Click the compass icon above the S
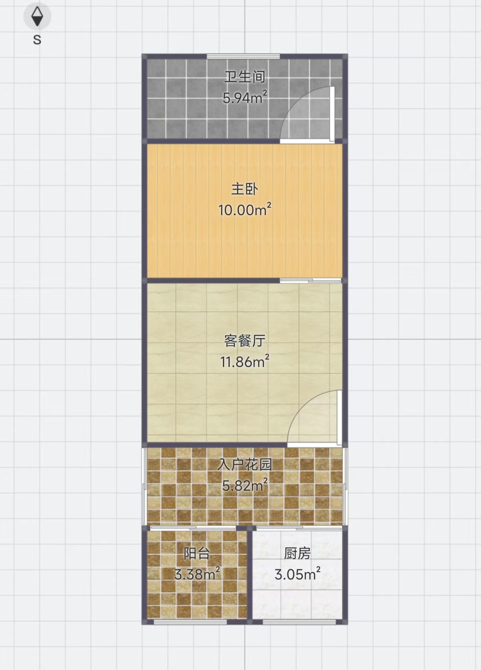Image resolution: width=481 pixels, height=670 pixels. click(37, 16)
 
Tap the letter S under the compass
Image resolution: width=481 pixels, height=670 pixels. click(37, 40)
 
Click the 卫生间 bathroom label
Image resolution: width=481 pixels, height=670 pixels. click(245, 77)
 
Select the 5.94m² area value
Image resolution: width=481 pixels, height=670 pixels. click(245, 97)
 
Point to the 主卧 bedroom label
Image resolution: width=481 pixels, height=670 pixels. click(245, 189)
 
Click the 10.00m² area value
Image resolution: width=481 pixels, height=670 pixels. click(245, 210)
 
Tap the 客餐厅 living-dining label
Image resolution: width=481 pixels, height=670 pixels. click(245, 341)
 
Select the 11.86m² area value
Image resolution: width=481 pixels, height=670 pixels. click(245, 361)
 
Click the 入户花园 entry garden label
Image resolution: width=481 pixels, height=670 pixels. click(245, 464)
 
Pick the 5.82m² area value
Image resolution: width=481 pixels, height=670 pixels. click(245, 485)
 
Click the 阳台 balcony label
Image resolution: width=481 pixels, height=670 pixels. click(197, 554)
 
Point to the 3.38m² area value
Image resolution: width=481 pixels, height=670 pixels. click(197, 574)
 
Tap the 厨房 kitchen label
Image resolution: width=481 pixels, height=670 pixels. click(297, 554)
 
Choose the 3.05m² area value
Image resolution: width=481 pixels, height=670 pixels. click(297, 574)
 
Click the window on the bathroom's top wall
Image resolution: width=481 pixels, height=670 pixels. click(243, 56)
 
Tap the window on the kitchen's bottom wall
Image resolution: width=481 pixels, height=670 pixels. click(299, 622)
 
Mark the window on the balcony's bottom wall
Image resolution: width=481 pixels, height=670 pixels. click(190, 622)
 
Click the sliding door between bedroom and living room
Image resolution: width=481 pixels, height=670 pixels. click(311, 281)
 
